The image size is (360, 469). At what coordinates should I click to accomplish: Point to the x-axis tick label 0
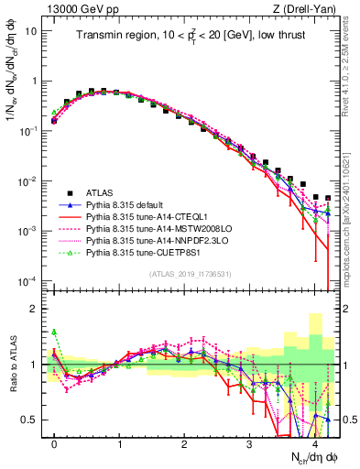click(x=55, y=442)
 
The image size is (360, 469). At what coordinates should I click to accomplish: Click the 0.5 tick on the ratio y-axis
click(x=31, y=420)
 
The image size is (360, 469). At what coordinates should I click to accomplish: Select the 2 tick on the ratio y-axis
click(x=35, y=309)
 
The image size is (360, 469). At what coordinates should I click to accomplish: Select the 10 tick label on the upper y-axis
click(x=31, y=30)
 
